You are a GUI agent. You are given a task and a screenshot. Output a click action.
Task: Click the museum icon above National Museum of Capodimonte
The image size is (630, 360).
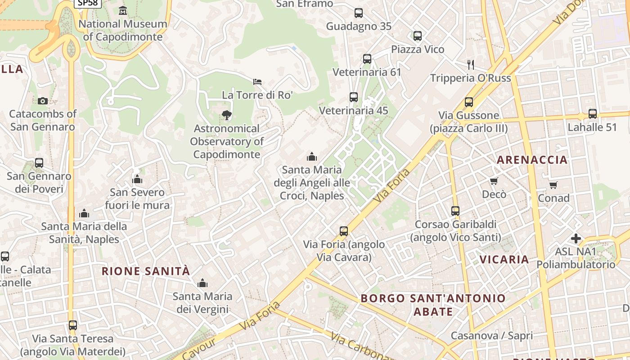[123, 10]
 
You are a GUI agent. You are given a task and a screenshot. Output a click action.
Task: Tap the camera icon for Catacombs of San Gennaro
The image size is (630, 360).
[43, 101]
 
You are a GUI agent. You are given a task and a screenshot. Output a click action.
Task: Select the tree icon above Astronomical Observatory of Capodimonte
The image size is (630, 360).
[227, 115]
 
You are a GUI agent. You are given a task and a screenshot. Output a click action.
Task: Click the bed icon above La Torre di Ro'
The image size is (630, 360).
[257, 82]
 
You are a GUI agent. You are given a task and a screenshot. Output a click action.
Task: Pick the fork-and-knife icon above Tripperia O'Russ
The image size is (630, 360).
[471, 65]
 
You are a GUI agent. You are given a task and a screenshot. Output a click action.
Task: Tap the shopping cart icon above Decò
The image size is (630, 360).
[494, 181]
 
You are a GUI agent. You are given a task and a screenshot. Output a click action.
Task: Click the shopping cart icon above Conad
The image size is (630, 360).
[553, 185]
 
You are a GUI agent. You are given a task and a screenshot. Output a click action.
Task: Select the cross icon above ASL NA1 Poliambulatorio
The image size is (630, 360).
[576, 238]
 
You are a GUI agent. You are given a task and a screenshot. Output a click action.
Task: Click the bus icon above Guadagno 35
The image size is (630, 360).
[359, 13]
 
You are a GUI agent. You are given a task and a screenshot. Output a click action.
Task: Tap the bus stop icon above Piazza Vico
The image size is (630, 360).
[418, 36]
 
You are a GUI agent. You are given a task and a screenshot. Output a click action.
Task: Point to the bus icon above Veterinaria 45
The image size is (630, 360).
[354, 97]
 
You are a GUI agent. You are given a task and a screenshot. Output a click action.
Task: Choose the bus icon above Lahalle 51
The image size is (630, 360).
[593, 114]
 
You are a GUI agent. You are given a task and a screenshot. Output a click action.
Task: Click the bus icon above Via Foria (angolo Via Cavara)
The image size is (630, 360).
[344, 231]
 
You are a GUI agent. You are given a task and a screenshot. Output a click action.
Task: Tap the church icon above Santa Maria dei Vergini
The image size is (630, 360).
[202, 283]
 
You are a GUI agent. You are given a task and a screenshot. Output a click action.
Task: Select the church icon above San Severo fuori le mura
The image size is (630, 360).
[137, 179]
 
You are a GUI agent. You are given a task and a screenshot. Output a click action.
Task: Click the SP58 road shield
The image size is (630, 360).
[88, 3]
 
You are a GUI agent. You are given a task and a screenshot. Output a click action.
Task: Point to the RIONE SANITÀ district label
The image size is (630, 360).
[146, 271]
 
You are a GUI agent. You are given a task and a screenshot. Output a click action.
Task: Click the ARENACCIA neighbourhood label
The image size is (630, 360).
[532, 160]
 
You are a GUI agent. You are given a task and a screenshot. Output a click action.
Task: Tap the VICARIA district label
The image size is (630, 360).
[504, 260]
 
